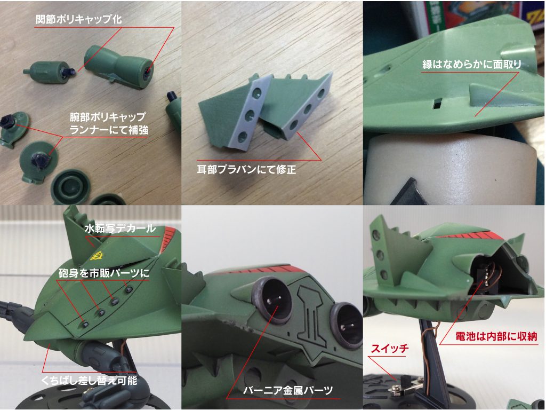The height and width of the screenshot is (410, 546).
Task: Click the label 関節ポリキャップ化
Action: click(79, 19)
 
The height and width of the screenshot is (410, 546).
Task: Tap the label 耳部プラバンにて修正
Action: click(246, 169)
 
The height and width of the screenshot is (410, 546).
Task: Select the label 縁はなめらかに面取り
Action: click(472, 64)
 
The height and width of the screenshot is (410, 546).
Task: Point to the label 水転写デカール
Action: click(120, 228)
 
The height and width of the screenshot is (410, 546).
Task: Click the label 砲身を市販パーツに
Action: click(104, 273)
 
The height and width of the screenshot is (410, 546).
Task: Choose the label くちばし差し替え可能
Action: click(90, 380)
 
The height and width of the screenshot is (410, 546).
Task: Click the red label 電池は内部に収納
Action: click(496, 336)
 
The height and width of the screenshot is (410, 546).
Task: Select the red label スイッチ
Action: click(390, 348)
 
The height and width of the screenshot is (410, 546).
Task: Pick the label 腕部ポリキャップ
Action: click(108, 116)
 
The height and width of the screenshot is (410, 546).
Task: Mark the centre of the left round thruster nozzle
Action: click(271, 301)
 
